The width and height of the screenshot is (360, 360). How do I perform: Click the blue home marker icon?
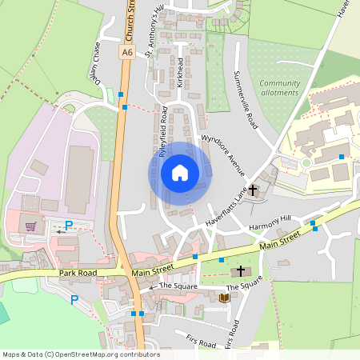click(180, 172)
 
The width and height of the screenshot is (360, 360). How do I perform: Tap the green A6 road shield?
click(127, 52)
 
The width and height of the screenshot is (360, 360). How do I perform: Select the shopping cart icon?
click(31, 226)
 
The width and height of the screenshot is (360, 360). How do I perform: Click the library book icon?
click(225, 298)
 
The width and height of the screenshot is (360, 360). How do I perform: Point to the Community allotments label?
click(278, 87)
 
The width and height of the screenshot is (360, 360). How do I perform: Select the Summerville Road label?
click(246, 99)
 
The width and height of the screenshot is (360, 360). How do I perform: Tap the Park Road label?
click(78, 274)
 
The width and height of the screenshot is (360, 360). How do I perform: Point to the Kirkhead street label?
click(181, 73)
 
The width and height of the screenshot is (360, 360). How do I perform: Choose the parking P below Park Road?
click(74, 300)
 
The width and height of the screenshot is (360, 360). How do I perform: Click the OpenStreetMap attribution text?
click(81, 354)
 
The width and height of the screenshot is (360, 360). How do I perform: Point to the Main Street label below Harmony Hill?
click(279, 239)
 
